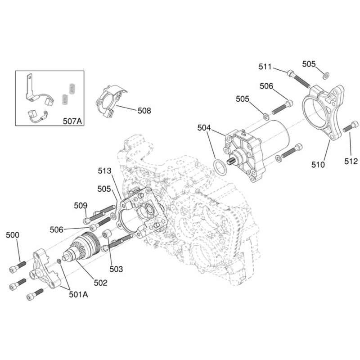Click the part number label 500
(13, 235)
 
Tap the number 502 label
(100, 283)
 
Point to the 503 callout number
(116, 269)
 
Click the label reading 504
(204, 128)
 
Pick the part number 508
(144, 110)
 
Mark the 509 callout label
(81, 206)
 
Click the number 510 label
(318, 165)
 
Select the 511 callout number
(265, 67)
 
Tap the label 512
(351, 161)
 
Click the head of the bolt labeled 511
(290, 73)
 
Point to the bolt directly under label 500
(15, 268)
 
